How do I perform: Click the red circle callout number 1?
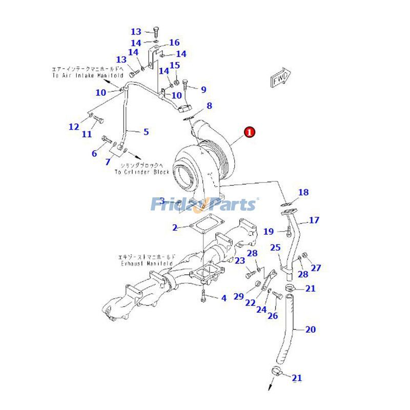point(249,132)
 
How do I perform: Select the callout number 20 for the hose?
point(311,329)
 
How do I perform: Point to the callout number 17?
point(314,220)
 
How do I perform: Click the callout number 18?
point(303,193)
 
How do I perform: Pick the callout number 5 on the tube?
point(146,132)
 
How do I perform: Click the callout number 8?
point(209,106)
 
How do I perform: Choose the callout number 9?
point(203,90)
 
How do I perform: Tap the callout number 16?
point(174,43)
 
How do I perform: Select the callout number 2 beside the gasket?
point(175,228)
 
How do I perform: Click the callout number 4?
point(223,298)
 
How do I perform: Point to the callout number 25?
point(275,248)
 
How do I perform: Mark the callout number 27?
point(316,268)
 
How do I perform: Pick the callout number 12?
point(74,127)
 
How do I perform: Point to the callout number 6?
point(94,153)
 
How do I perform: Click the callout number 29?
point(239,296)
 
